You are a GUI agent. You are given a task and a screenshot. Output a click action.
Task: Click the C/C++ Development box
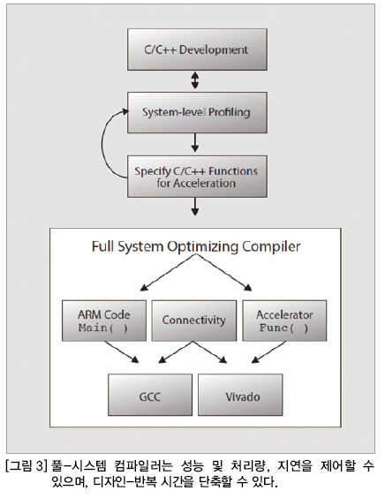[x=197, y=49]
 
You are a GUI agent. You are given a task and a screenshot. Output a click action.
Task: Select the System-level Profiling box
[x=197, y=112]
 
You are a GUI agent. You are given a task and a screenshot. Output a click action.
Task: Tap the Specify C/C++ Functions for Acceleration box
[x=197, y=177]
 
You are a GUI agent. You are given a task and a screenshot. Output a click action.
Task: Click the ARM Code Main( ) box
[x=104, y=321]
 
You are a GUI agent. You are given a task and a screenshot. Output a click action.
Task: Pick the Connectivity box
[x=194, y=321]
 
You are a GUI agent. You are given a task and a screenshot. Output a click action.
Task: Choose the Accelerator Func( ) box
[x=284, y=321]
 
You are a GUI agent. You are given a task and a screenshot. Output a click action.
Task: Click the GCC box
[x=150, y=395]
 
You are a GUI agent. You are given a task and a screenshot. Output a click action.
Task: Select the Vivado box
[x=240, y=395]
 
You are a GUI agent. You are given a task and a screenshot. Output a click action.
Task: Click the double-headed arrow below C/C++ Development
[x=195, y=80]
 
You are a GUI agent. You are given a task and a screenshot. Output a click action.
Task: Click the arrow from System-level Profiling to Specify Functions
[x=195, y=143]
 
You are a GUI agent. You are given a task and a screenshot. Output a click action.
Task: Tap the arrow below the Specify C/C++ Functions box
[x=195, y=207]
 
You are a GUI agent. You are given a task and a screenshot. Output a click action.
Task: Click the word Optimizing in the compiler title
[x=203, y=247]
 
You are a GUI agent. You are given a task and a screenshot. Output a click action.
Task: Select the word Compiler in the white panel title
[x=271, y=247]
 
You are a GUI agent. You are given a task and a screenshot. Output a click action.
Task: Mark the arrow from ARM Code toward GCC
[x=121, y=352]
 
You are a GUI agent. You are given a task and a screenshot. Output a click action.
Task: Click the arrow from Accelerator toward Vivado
[x=268, y=352]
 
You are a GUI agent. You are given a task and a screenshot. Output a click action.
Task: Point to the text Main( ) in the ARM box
[x=103, y=328]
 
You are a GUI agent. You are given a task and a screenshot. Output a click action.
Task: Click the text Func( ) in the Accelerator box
[x=284, y=328]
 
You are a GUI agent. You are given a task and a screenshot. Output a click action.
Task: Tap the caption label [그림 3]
[x=26, y=466]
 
